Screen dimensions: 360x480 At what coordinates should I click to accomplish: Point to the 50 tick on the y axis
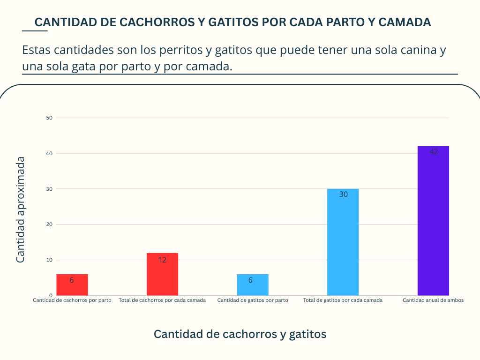(x=49, y=118)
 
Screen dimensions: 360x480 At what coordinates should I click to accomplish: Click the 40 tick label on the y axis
(x=49, y=153)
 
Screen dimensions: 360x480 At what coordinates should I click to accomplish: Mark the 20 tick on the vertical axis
(x=49, y=224)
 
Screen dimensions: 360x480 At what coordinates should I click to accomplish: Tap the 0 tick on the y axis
(x=51, y=295)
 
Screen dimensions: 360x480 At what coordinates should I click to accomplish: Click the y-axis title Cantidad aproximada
(x=21, y=209)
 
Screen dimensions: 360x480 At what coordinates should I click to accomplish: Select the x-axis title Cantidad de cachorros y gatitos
(x=240, y=334)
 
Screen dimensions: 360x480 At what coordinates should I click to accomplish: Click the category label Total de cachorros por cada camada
(x=162, y=300)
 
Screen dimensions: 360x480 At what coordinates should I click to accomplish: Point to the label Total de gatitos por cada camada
(x=343, y=300)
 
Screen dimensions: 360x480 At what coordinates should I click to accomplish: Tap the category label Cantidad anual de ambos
(x=433, y=300)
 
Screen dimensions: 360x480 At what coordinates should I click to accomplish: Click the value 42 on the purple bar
(x=434, y=152)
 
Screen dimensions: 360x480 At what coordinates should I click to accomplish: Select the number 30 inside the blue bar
(x=343, y=194)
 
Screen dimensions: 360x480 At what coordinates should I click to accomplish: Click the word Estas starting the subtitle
(x=36, y=50)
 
